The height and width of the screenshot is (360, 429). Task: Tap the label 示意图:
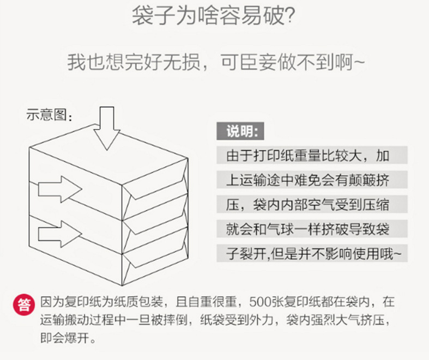(49, 114)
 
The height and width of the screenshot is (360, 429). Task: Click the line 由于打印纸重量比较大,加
(308, 156)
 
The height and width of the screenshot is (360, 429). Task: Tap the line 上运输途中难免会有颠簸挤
(308, 180)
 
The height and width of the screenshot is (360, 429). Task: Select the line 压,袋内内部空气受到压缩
(308, 205)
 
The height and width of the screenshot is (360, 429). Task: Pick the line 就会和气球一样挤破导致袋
(308, 229)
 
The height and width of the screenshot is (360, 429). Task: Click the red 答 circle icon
(24, 304)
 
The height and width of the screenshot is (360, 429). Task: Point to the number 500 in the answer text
(259, 301)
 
